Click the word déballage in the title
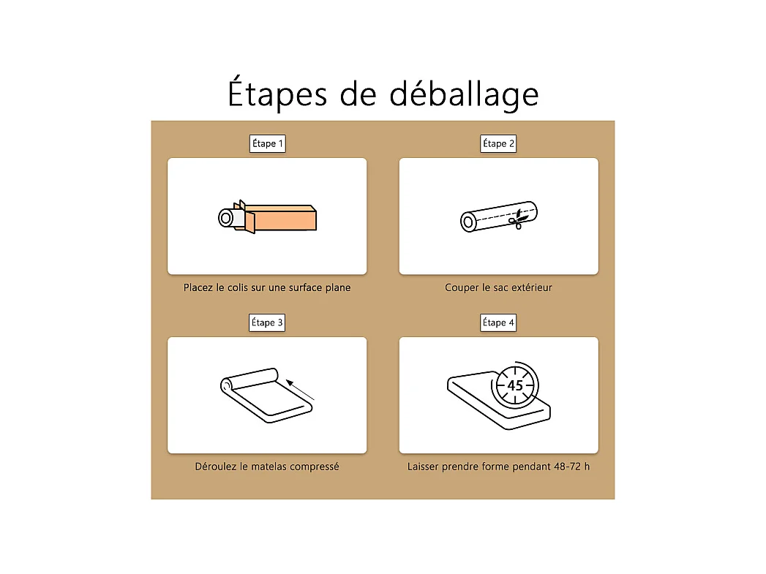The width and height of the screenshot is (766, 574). [x=464, y=94]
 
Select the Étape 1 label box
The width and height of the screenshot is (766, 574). [x=267, y=143]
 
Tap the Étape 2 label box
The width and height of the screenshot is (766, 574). [x=498, y=143]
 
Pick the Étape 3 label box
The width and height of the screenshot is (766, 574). [x=267, y=322]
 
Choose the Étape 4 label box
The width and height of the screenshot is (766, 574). [x=498, y=322]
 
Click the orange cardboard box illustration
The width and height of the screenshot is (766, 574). [x=279, y=218]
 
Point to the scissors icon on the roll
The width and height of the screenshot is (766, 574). [x=517, y=219]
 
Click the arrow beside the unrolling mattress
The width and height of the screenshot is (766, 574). [x=300, y=390]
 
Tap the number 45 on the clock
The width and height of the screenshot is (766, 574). [x=515, y=385]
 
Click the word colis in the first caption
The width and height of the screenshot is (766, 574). [x=238, y=287]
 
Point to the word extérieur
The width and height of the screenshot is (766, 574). [x=531, y=287]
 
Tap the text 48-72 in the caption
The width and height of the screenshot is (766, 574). [x=567, y=467]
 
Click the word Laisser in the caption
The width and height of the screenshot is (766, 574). [x=423, y=467]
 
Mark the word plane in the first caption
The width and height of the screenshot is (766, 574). [x=338, y=288]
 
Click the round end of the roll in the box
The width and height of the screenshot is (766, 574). [x=225, y=218]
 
